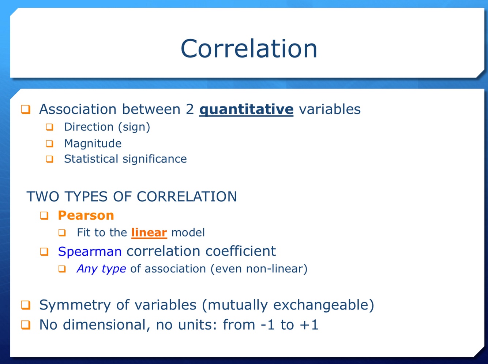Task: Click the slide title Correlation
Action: (x=249, y=48)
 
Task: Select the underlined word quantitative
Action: (x=246, y=110)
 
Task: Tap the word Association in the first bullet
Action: (x=78, y=109)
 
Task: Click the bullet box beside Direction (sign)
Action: (x=49, y=127)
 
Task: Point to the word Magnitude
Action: (x=93, y=144)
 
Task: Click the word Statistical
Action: (x=91, y=159)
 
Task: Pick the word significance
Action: (x=155, y=159)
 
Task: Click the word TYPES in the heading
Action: (x=86, y=196)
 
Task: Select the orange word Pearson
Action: (x=86, y=215)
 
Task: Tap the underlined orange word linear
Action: (x=149, y=233)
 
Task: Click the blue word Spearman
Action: (x=90, y=252)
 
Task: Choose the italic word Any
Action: (x=87, y=269)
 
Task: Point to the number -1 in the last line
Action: (x=267, y=325)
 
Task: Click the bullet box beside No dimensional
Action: (x=26, y=325)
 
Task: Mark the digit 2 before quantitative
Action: (x=189, y=109)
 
